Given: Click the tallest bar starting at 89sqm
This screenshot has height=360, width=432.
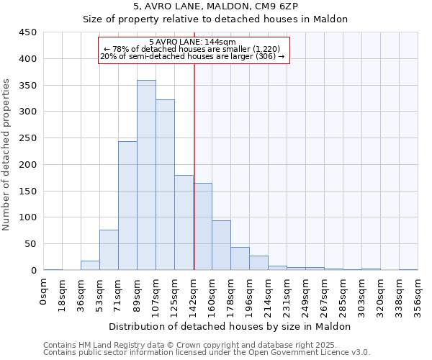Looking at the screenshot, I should coord(146,175).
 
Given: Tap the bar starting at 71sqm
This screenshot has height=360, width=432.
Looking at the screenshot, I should coord(127,206).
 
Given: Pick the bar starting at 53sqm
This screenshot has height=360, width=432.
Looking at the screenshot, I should coord(109,250).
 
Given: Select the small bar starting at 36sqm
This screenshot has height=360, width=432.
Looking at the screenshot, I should coord(90,266).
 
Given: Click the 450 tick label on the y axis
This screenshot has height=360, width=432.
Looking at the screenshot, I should coord(28,32).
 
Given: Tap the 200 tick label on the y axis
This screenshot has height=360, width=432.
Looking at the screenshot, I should coord(28,165).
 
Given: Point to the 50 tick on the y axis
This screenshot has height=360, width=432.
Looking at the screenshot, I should coord(31,244).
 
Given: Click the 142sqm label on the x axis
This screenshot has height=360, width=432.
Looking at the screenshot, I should coord(194,292).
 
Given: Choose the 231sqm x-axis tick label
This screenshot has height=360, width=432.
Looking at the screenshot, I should coord(287,292).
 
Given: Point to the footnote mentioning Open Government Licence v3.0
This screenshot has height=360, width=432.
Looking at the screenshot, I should coord(206,352).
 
